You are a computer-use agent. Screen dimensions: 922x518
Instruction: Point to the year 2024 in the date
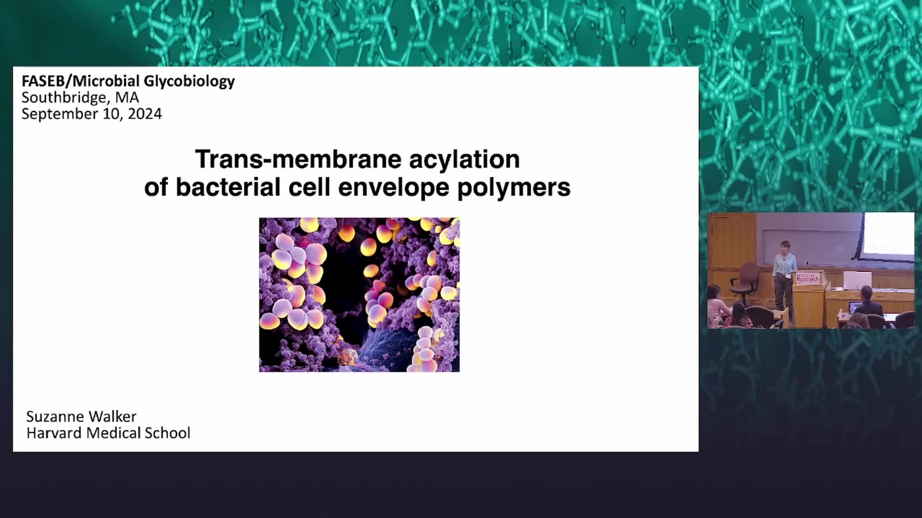tap(145, 114)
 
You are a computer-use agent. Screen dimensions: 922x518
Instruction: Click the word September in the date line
tap(60, 115)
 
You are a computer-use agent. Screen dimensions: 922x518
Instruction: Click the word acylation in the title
tap(464, 160)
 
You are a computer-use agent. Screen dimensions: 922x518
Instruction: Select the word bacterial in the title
tap(228, 187)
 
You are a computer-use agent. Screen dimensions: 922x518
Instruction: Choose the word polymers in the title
tap(514, 188)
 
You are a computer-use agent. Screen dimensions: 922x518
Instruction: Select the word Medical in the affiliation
tap(113, 433)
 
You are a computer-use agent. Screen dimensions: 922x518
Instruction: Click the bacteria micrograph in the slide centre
tap(359, 294)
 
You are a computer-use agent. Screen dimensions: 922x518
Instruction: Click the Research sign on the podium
tap(808, 278)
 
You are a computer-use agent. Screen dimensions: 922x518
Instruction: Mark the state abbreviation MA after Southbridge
tap(127, 98)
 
